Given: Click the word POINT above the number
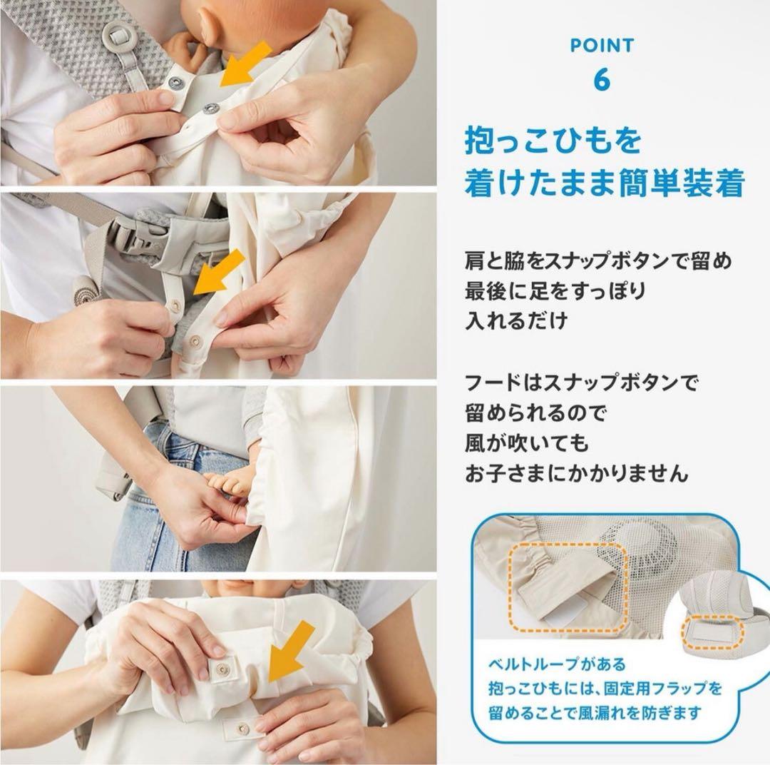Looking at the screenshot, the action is pos(602,46).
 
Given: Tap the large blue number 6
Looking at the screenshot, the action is pos(602,79).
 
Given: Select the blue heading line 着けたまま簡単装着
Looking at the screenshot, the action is pos(605,183).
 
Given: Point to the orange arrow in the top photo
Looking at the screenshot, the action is pos(245,64).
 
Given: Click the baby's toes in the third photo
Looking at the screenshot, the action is pos(222,484).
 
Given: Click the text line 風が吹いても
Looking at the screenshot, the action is pos(526,444).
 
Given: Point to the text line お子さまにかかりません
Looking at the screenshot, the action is pos(576,474).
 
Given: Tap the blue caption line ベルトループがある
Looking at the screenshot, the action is pos(557,664).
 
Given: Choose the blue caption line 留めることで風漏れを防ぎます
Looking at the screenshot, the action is pos(594,712).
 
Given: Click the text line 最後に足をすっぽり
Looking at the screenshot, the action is pos(555,291).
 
